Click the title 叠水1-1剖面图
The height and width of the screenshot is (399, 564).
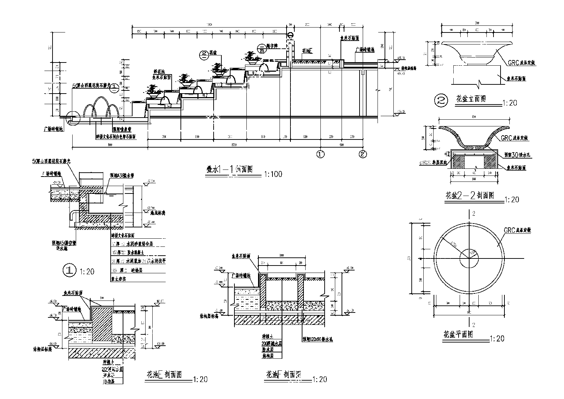(229, 169)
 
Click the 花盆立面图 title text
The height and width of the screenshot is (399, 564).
(471, 99)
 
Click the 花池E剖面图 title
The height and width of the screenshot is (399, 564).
(164, 375)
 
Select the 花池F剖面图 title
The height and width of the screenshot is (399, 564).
(283, 375)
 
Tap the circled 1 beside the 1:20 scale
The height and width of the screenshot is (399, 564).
(69, 271)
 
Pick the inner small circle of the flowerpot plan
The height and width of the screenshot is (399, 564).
(469, 258)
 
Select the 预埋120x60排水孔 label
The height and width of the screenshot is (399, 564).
(317, 339)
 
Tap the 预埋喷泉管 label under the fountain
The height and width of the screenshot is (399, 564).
(122, 130)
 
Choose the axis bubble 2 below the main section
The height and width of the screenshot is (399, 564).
(363, 154)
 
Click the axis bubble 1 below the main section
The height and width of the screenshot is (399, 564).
(320, 154)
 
